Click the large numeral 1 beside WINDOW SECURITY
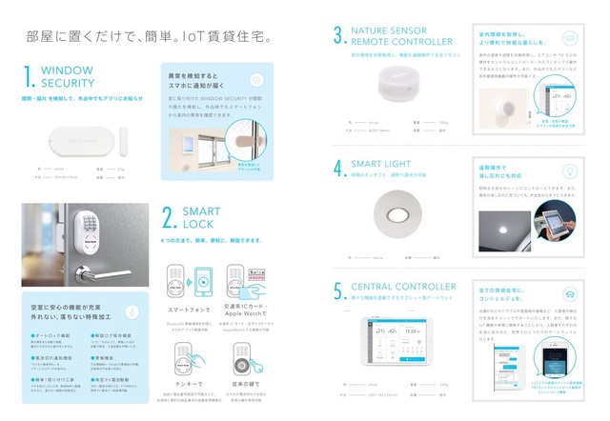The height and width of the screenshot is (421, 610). pyautogui.click(x=30, y=76)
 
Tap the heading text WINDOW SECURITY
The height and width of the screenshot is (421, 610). pyautogui.click(x=67, y=76)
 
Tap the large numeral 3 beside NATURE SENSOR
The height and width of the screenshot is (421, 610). pyautogui.click(x=338, y=36)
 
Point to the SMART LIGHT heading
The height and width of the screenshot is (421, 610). pyautogui.click(x=385, y=164)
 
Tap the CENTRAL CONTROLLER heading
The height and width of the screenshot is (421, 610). pyautogui.click(x=404, y=286)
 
